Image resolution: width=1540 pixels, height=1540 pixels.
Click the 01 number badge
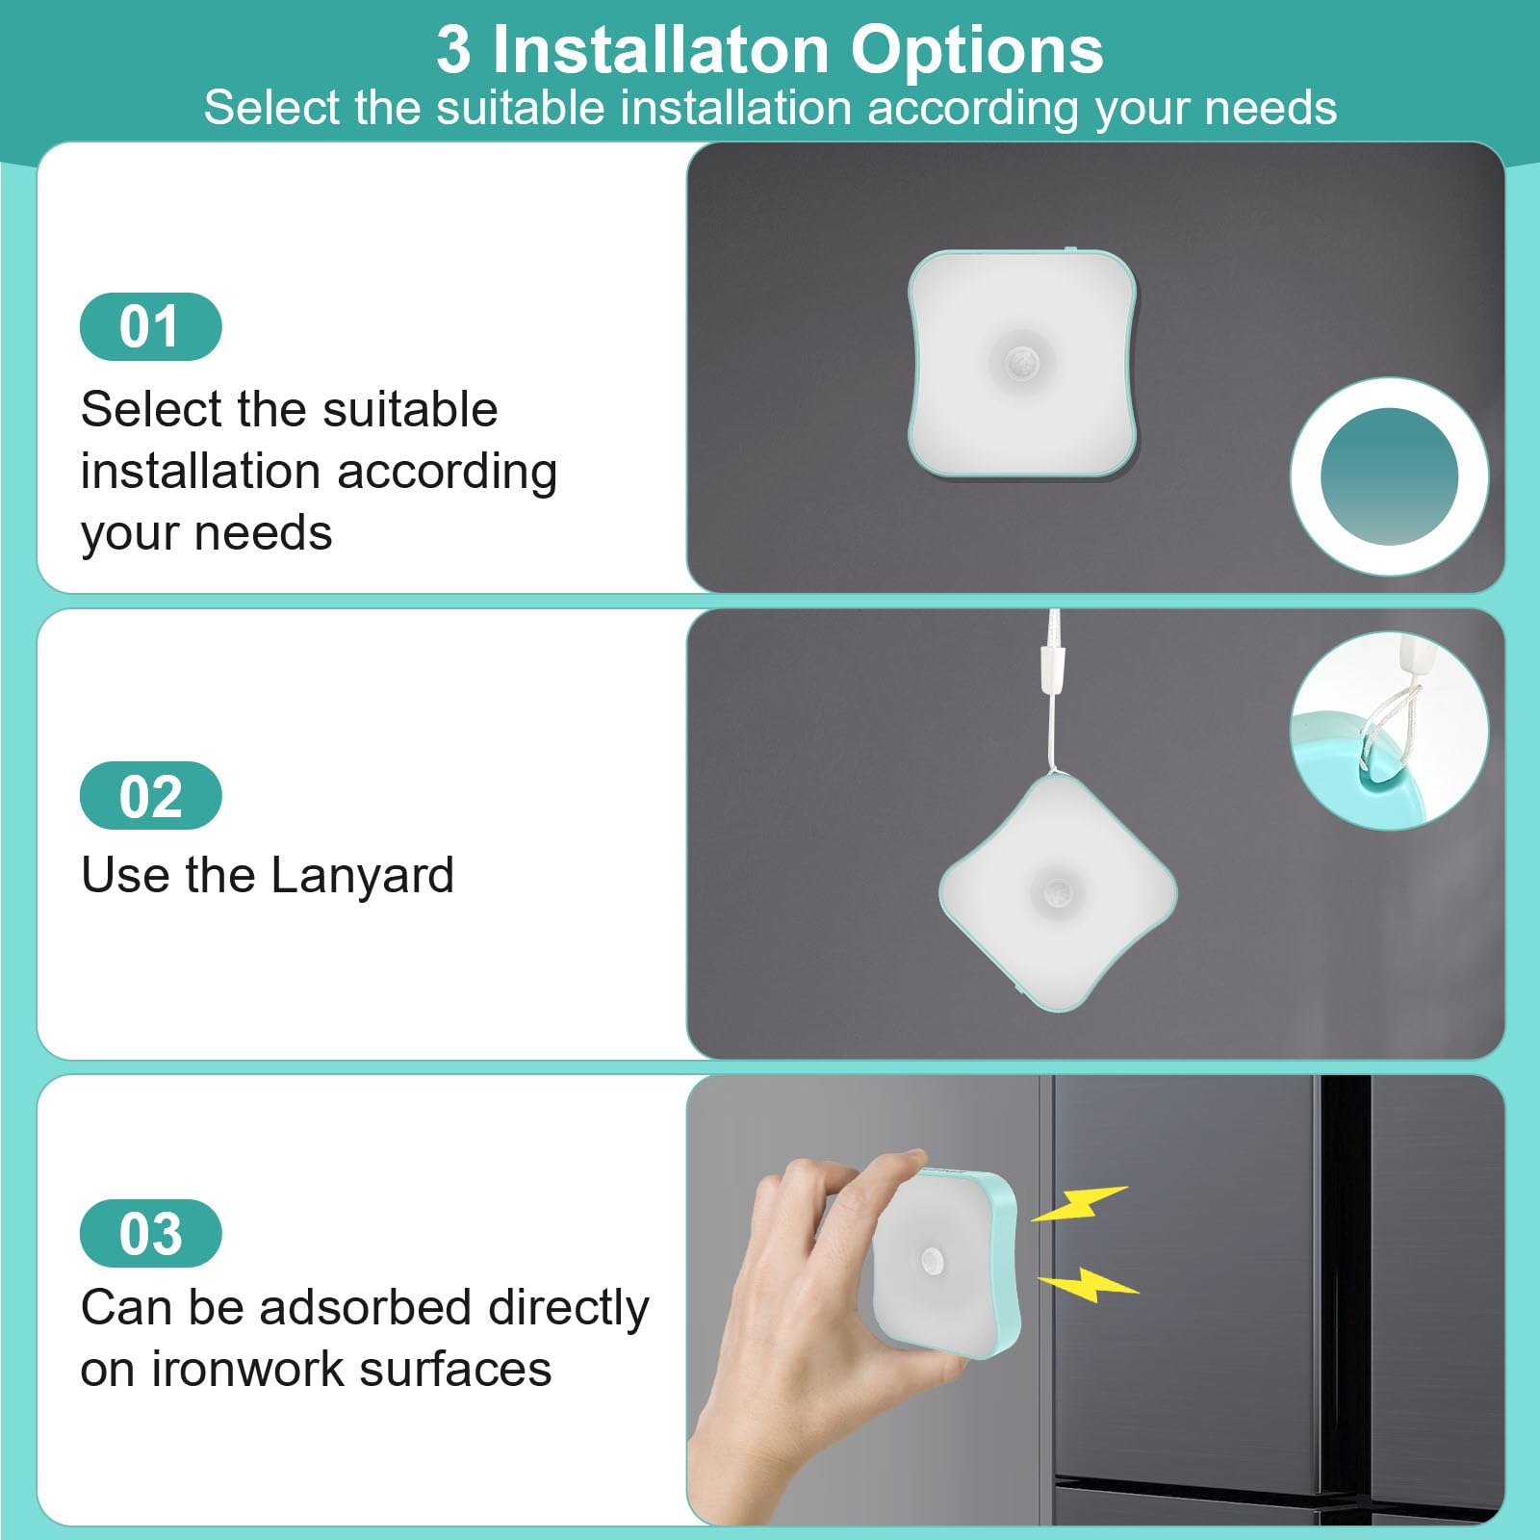click(151, 326)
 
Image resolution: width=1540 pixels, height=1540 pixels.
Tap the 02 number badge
click(151, 795)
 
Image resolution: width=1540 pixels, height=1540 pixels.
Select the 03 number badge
click(151, 1233)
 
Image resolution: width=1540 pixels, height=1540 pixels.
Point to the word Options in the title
click(977, 52)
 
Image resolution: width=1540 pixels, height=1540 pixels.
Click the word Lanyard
click(362, 877)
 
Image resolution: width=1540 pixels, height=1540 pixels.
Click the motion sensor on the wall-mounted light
click(1021, 364)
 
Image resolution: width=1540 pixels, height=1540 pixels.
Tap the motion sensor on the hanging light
click(1059, 890)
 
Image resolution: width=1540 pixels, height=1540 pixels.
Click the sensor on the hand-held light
click(931, 1260)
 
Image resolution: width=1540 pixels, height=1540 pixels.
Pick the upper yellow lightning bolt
click(1079, 1203)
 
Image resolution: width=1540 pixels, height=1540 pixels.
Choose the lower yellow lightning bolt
click(1089, 1283)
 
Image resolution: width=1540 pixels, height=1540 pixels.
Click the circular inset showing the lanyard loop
click(1389, 731)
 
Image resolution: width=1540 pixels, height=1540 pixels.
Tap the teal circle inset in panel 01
click(1389, 476)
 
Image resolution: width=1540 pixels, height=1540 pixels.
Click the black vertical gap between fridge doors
click(1346, 1299)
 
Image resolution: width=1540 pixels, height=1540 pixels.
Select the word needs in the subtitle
click(1270, 109)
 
